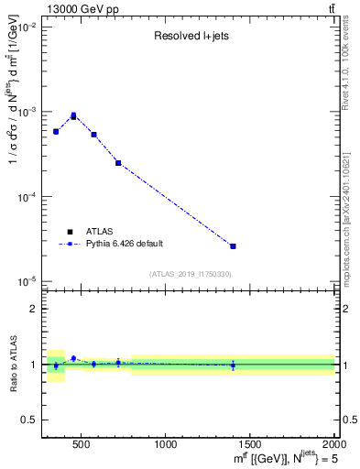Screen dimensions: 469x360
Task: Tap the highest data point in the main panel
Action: pyautogui.click(x=73, y=116)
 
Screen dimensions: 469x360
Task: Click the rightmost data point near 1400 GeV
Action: pyautogui.click(x=233, y=246)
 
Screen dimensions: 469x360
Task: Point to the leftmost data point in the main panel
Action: pyautogui.click(x=56, y=132)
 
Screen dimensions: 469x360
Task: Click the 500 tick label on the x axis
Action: pyautogui.click(x=81, y=444)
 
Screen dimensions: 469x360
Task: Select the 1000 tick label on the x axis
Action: pyautogui.click(x=166, y=444)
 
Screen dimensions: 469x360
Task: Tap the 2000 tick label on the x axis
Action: pyautogui.click(x=333, y=444)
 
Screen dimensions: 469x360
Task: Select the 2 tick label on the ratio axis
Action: pyautogui.click(x=33, y=309)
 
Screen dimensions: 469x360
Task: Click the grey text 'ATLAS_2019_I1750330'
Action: pyautogui.click(x=190, y=274)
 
